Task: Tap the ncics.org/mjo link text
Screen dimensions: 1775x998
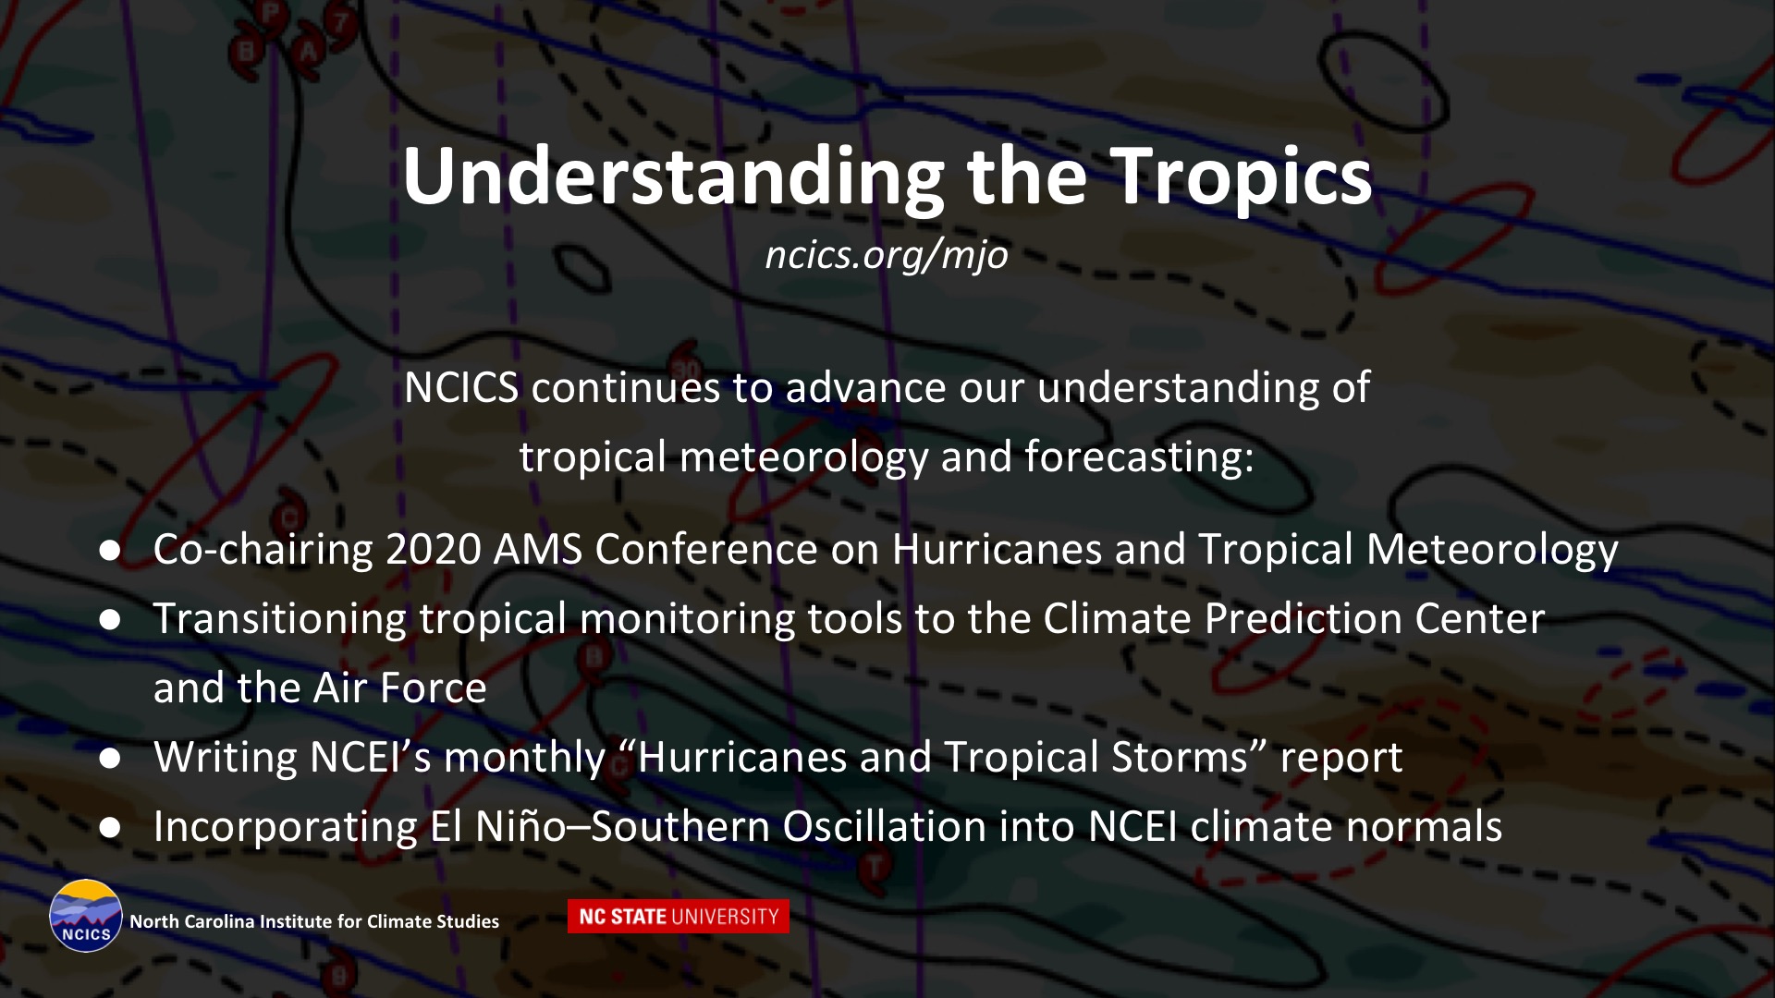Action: point(887,255)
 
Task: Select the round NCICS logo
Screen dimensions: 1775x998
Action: point(86,916)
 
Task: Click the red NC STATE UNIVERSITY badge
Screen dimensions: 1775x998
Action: point(679,916)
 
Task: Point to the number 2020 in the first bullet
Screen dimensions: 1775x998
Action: point(433,549)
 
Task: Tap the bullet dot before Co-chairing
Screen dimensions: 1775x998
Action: point(111,551)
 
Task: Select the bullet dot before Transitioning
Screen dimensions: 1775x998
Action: point(111,620)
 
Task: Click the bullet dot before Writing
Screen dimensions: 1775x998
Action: point(111,759)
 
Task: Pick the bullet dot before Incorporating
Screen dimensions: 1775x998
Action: point(111,828)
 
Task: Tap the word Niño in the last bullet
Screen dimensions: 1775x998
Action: point(520,825)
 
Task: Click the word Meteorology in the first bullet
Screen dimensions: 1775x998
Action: point(1492,551)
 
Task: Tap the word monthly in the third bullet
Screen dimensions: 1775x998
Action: point(524,759)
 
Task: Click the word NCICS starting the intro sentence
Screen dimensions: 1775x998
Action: point(461,387)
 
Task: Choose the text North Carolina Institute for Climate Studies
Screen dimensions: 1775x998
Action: point(314,921)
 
